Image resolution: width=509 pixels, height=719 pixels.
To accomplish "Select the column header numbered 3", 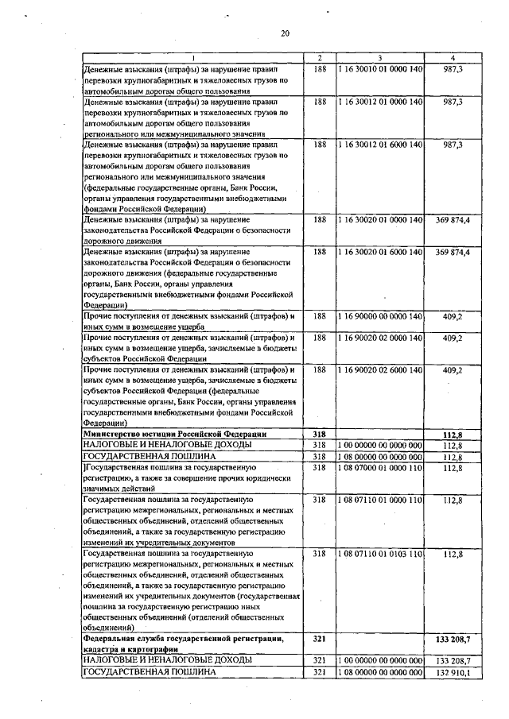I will (379, 58).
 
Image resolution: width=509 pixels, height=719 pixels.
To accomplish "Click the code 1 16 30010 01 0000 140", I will (379, 69).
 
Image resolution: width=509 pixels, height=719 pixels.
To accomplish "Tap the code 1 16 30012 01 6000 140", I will (379, 145).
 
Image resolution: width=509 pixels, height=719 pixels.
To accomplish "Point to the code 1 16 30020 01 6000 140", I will (379, 252).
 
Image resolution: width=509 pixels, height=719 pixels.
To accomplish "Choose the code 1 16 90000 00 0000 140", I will (379, 316).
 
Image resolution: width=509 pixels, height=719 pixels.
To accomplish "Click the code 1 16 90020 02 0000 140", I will (379, 338).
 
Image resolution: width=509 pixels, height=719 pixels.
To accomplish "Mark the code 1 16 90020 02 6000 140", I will (379, 370).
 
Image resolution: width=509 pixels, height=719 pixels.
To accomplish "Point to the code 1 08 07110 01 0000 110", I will (379, 499).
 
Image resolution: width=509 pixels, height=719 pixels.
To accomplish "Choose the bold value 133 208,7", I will (453, 638).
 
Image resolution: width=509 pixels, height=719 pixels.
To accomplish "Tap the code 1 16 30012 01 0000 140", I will (379, 102).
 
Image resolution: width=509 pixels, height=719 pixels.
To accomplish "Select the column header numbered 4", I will (453, 58).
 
